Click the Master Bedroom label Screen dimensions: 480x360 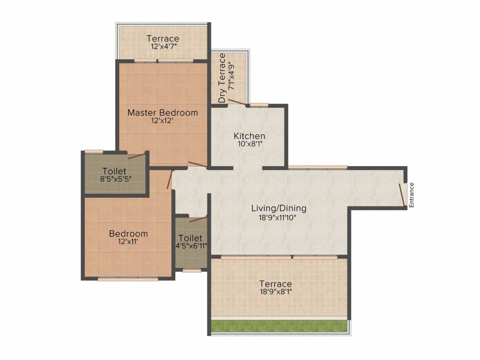click(163, 112)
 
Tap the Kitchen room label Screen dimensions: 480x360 click(249, 136)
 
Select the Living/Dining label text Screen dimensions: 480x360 click(278, 209)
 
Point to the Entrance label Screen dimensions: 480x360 click(412, 195)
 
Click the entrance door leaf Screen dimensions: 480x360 click(402, 195)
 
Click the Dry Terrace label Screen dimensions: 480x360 click(222, 78)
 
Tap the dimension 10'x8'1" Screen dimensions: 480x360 click(250, 143)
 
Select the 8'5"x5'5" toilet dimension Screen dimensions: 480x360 click(116, 179)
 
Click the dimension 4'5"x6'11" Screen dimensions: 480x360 click(191, 246)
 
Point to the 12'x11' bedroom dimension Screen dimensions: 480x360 click(128, 241)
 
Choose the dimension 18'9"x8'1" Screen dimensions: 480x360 click(276, 292)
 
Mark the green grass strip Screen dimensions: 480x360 click(279, 326)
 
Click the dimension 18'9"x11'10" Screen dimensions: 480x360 click(278, 217)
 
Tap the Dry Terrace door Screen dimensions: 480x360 click(237, 102)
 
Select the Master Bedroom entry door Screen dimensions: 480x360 click(197, 165)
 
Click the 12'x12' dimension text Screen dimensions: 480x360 click(162, 120)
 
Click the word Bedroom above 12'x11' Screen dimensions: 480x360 click(128, 233)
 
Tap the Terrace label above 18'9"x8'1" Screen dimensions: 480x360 click(276, 284)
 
